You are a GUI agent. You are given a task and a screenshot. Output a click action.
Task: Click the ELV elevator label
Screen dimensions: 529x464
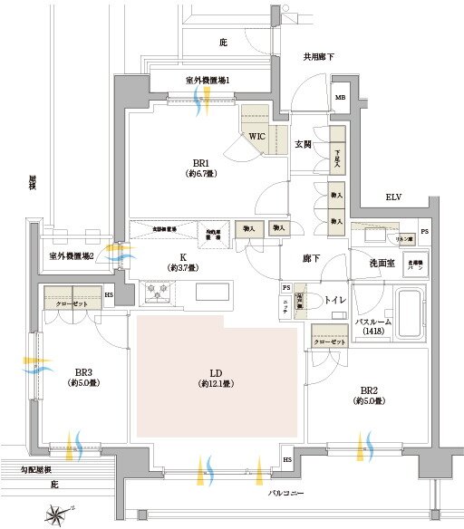pyautogui.click(x=393, y=197)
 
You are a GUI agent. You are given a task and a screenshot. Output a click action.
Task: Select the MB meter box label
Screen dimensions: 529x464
pyautogui.click(x=341, y=98)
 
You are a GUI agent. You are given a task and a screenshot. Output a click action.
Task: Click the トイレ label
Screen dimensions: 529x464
pyautogui.click(x=335, y=297)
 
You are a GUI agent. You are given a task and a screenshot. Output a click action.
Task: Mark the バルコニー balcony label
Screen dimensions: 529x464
pyautogui.click(x=285, y=494)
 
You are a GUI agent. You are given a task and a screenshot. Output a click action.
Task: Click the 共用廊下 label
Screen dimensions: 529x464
pyautogui.click(x=318, y=56)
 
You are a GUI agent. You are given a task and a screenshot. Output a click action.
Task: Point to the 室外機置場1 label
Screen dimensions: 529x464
pyautogui.click(x=208, y=81)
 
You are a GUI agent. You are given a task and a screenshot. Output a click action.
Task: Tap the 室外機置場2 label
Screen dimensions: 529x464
pyautogui.click(x=72, y=256)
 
